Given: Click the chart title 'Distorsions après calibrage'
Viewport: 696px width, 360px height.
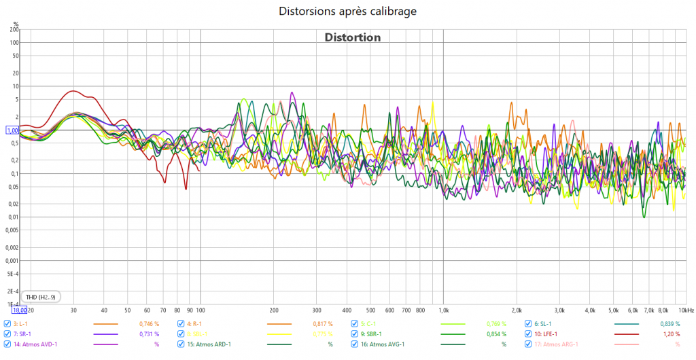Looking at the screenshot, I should click(x=347, y=11).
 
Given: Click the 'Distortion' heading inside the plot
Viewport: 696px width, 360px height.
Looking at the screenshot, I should click(x=352, y=37).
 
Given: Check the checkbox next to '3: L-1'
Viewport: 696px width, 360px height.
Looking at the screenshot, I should click(x=7, y=324).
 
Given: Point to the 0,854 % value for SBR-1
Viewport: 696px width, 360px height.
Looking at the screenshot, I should click(x=497, y=334).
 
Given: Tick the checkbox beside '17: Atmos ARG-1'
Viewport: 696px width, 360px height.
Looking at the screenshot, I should click(x=529, y=344).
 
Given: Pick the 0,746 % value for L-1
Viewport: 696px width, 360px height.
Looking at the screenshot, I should click(x=149, y=324).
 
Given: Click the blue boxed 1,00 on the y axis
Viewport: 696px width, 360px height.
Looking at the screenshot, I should click(x=12, y=130).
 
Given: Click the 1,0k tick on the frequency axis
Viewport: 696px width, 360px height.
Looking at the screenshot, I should click(x=443, y=310).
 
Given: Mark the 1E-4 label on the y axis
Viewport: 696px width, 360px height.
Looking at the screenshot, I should click(x=14, y=304).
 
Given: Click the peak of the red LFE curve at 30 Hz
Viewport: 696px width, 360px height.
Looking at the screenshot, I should click(x=73, y=91).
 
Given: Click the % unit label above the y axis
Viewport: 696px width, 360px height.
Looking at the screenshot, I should click(x=16, y=24).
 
